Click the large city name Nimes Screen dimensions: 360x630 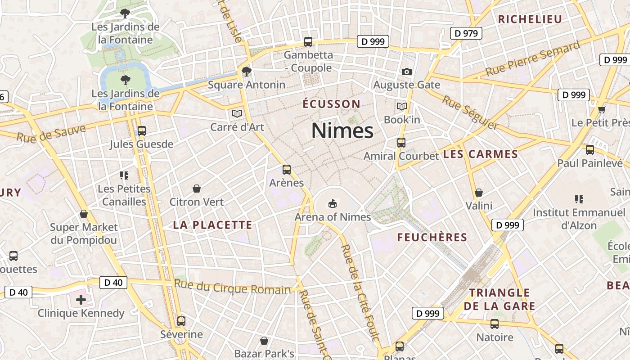coord(342,131)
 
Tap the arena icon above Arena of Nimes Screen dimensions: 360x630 coord(333,204)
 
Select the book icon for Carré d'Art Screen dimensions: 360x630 coord(237,113)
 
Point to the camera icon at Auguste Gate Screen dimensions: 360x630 coord(406,72)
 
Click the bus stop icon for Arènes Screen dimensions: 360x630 coord(287,170)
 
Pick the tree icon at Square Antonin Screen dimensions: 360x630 coord(246,71)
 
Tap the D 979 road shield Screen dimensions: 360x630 coord(466,33)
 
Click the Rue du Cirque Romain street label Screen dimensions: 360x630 coord(233,287)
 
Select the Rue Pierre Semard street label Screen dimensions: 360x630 coord(533,59)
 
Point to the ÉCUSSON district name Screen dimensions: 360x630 coord(332,104)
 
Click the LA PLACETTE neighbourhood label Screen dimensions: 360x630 coord(213,225)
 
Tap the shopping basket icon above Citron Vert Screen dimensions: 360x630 coord(196,189)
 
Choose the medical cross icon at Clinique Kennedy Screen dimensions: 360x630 coord(81,300)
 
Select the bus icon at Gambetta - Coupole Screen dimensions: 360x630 coord(308,42)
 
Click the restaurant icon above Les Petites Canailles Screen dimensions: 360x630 coord(124,175)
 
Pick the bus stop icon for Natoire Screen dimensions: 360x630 coord(495,324)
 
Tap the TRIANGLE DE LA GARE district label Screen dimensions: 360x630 coord(499,300)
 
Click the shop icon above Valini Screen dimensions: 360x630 coord(479,193)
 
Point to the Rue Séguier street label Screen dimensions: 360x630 coord(470,112)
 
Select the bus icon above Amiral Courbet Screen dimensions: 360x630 coord(401,143)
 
